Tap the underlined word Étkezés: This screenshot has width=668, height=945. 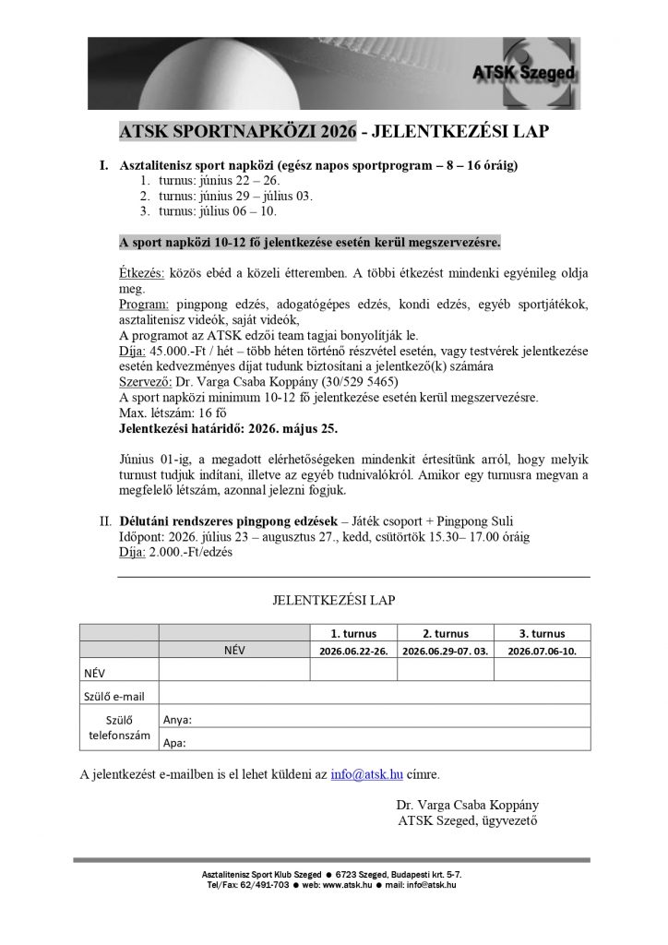pyautogui.click(x=142, y=275)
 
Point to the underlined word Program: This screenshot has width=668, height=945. pyautogui.click(x=144, y=305)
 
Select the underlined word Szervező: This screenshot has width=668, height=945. pyautogui.click(x=148, y=380)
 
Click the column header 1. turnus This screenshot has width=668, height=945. pyautogui.click(x=353, y=633)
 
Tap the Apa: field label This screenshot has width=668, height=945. pyautogui.click(x=174, y=741)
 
